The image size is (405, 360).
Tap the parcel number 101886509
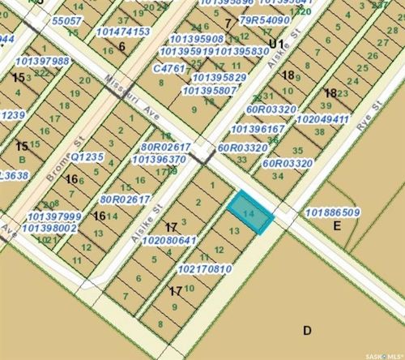pos(334,213)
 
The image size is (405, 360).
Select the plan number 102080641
pos(169,240)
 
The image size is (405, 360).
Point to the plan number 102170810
pos(204,268)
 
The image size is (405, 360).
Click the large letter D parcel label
pos(307,330)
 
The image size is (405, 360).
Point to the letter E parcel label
pos(335,228)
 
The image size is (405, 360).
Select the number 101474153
pos(123,32)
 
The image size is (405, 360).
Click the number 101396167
pos(258,128)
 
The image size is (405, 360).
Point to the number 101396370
pos(158,159)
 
